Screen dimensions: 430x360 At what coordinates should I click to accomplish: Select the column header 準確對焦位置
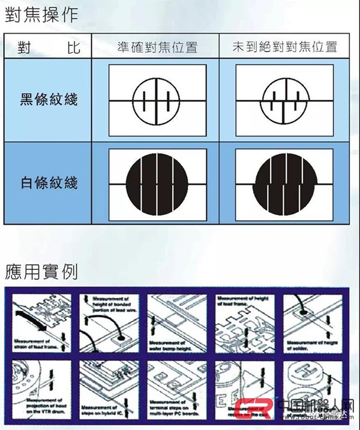(157, 47)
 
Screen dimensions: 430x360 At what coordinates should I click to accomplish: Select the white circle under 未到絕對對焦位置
(285, 99)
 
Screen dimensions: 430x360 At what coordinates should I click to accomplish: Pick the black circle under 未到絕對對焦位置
(285, 182)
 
